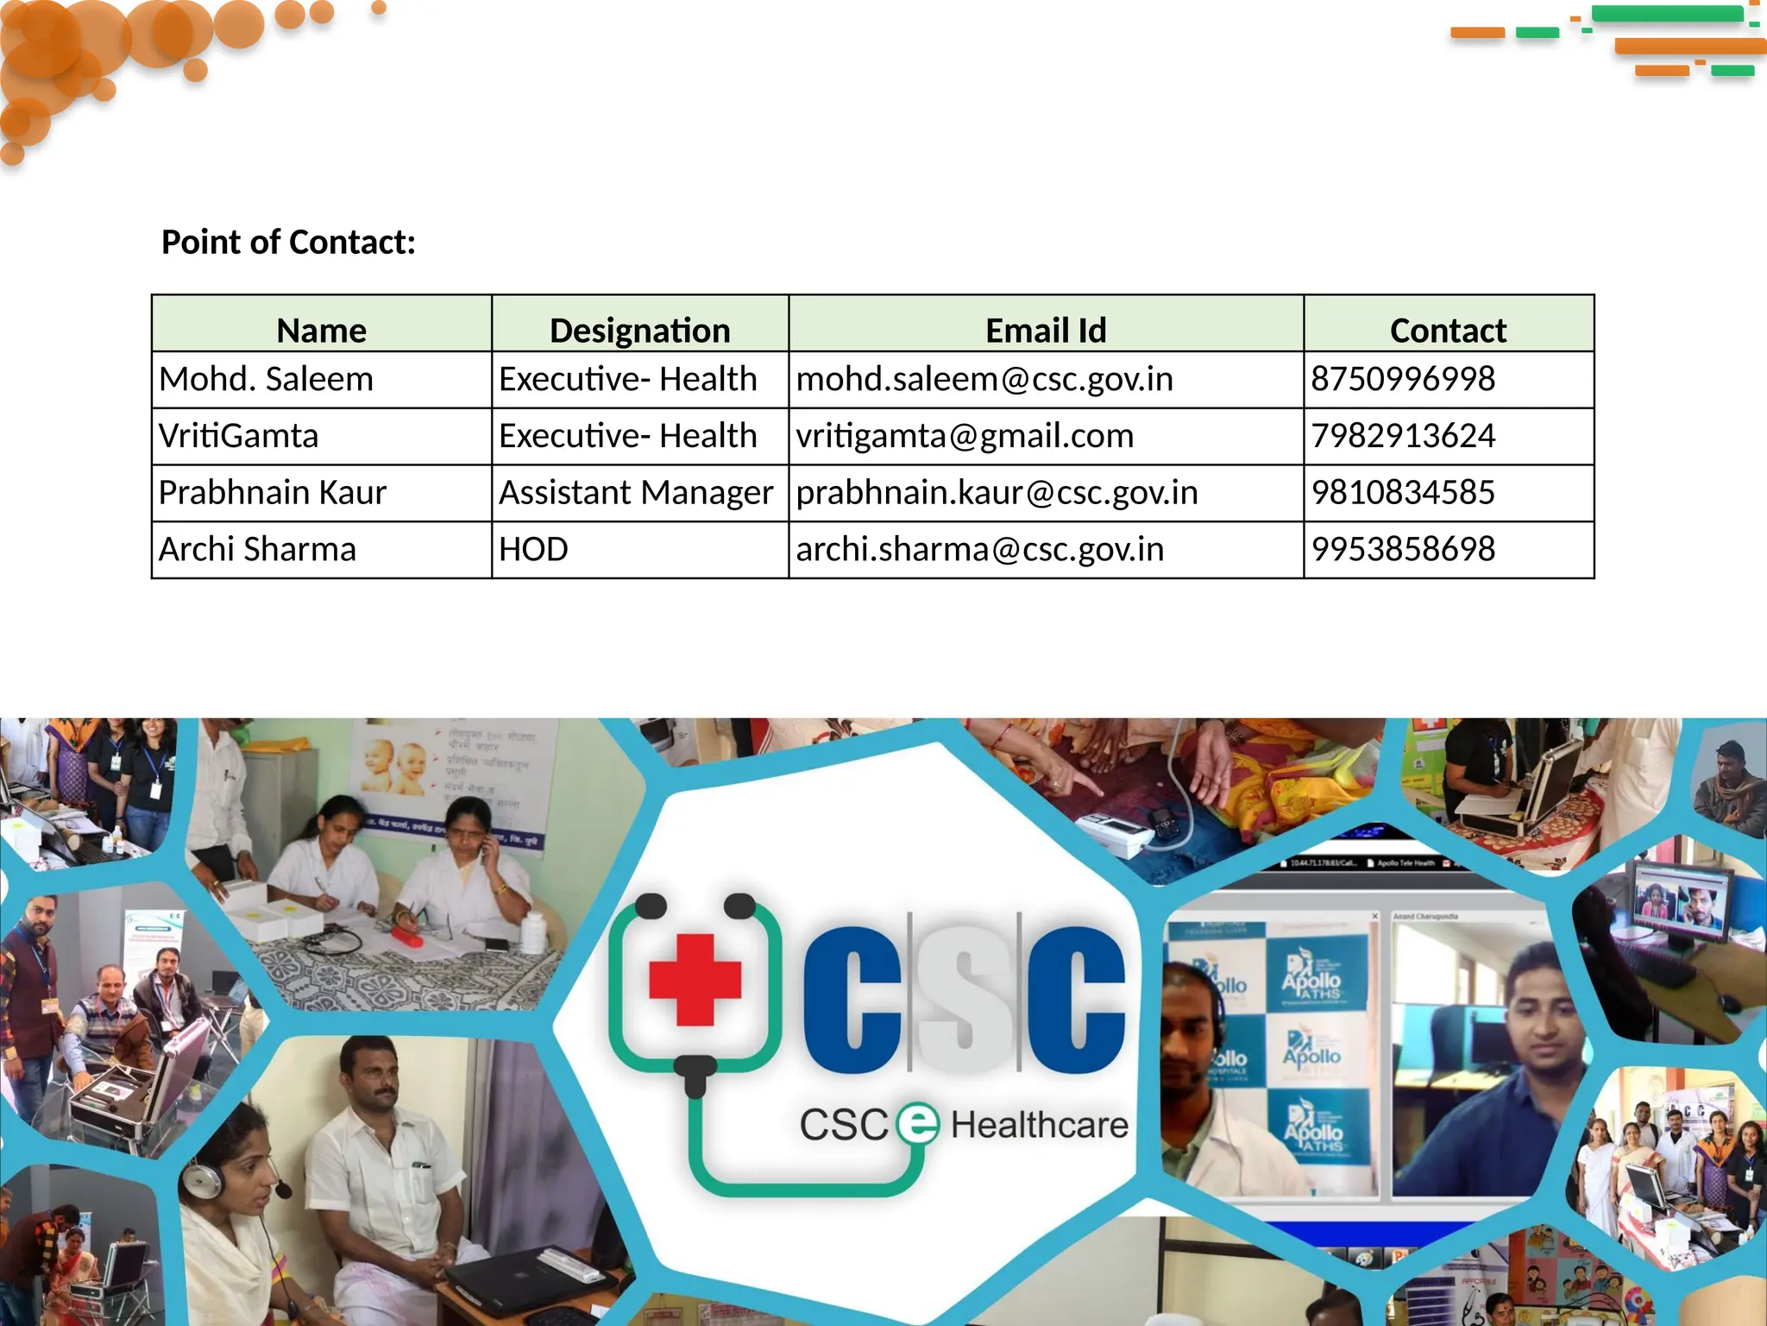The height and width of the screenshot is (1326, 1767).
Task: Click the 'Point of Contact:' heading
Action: point(288,243)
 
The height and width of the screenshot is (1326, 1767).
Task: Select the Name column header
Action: point(321,330)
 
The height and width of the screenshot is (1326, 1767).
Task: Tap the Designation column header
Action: point(639,330)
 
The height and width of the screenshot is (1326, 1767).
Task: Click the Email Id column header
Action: point(1046,330)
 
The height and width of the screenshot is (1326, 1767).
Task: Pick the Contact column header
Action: point(1448,330)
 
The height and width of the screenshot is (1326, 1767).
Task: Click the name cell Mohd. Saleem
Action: point(266,379)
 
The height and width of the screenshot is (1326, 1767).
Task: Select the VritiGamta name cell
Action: point(238,436)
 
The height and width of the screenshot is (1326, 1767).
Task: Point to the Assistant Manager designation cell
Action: point(636,492)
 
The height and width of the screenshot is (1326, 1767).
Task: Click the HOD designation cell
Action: point(533,549)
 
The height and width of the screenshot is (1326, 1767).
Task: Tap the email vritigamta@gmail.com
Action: point(965,436)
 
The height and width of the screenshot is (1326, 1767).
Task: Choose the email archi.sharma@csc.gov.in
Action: point(979,549)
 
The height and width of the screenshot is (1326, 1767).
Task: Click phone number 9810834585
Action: point(1403,492)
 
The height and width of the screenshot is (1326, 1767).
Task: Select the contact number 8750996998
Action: point(1403,379)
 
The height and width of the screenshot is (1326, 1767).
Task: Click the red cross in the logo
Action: point(695,981)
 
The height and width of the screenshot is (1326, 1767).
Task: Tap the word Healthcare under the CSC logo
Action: point(1039,1125)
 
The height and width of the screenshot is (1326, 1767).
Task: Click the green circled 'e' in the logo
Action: point(917,1124)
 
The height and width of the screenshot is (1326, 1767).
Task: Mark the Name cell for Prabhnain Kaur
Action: point(272,492)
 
